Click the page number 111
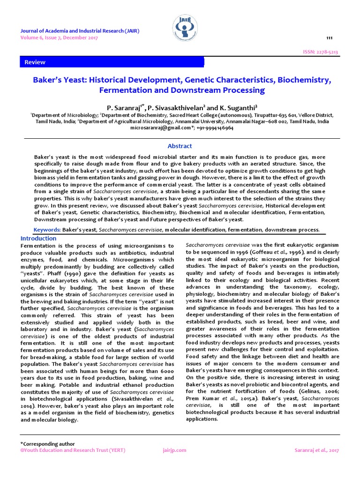[x=329, y=37]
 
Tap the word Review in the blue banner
[x=35, y=62]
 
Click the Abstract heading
[x=180, y=146]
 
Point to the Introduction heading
[x=38, y=238]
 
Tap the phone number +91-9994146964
[x=215, y=128]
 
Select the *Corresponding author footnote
[x=47, y=443]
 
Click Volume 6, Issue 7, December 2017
[x=59, y=37]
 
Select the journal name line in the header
[x=79, y=31]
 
